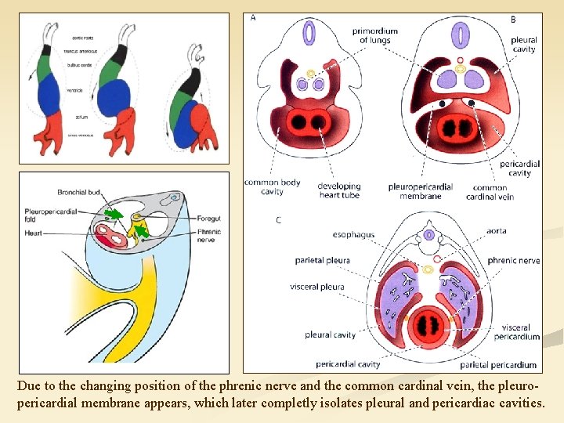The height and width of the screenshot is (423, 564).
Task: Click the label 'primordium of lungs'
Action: coord(374,36)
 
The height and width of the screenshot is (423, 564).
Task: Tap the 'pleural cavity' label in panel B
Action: coord(523,44)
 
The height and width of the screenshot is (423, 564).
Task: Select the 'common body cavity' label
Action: coord(272,186)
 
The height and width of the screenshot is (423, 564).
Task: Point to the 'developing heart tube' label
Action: coord(339,190)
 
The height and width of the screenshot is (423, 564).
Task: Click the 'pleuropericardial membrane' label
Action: coord(420,191)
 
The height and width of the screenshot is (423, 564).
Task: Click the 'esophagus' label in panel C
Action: coord(353,234)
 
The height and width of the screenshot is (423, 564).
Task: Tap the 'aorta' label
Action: coord(496,231)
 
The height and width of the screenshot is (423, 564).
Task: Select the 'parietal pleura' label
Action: coord(322,260)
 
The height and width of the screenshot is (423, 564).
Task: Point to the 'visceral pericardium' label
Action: coord(521,332)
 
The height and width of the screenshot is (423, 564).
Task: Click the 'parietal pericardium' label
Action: coord(498,364)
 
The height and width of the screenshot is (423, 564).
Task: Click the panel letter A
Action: coord(253,18)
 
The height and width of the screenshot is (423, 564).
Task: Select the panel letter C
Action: coord(278,220)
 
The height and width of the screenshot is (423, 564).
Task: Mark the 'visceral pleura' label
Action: coord(316,287)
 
